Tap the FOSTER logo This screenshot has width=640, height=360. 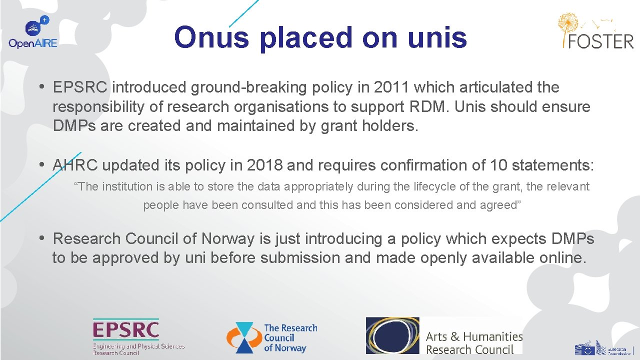pyautogui.click(x=595, y=31)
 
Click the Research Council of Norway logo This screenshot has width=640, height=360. pyautogui.click(x=272, y=337)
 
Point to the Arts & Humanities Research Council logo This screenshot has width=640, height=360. pyautogui.click(x=444, y=335)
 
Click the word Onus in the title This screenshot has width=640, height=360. pyautogui.click(x=211, y=37)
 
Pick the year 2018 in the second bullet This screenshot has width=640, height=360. pyautogui.click(x=264, y=165)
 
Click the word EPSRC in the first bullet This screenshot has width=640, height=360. pyautogui.click(x=80, y=87)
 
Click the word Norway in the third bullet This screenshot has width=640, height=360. pyautogui.click(x=228, y=239)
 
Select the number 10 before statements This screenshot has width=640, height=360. pyautogui.click(x=499, y=165)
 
